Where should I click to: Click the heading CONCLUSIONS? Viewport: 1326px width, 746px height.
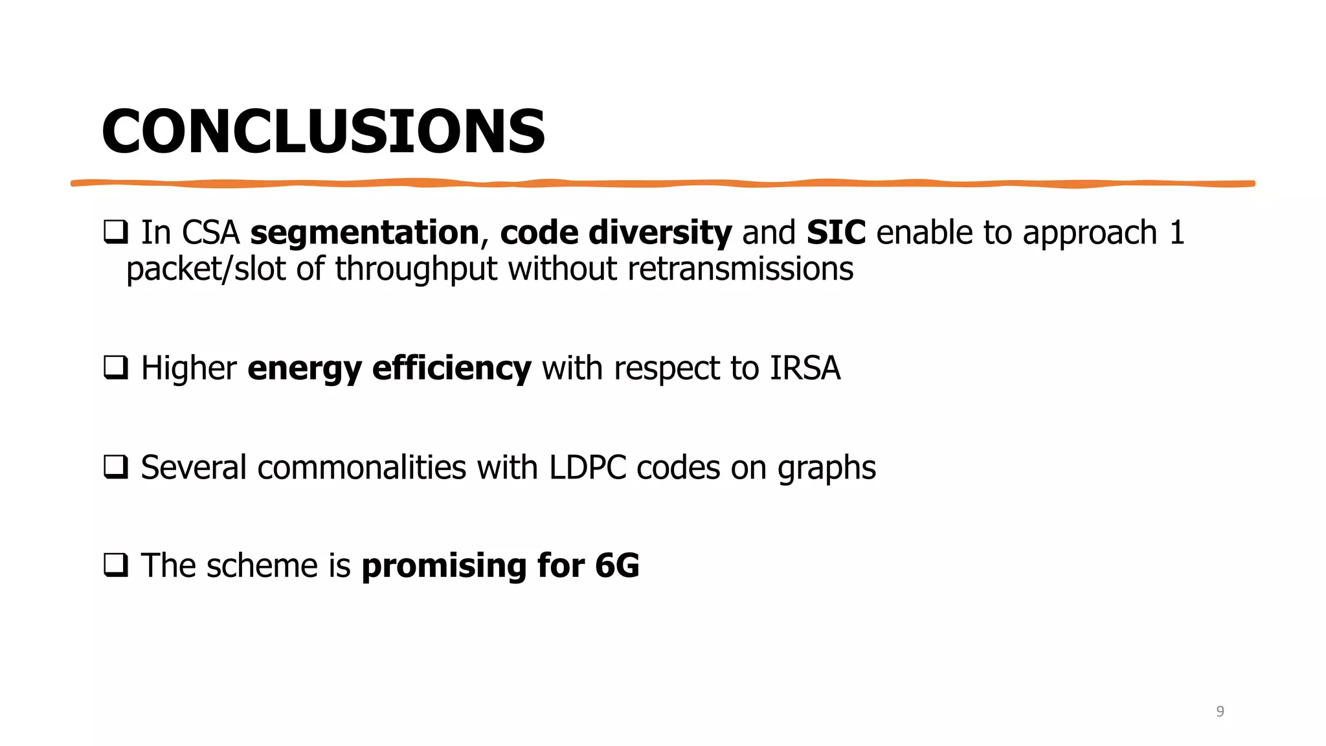(x=324, y=131)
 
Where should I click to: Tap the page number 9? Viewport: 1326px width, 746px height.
(x=1220, y=711)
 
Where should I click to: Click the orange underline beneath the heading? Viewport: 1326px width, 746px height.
(x=663, y=184)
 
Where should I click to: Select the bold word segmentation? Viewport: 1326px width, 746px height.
(x=365, y=232)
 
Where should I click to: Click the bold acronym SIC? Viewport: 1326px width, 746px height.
(x=836, y=232)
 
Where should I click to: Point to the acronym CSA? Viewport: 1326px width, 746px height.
(x=210, y=232)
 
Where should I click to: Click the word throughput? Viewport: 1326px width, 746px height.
(x=416, y=269)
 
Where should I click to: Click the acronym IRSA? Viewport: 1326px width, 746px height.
(x=805, y=368)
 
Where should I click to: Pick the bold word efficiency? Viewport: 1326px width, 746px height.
(x=452, y=368)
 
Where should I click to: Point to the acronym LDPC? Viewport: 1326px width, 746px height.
(x=587, y=467)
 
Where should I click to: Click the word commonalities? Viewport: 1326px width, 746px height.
(x=361, y=467)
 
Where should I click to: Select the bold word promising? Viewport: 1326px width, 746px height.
(x=444, y=565)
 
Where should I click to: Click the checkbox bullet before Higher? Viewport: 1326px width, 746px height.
(x=115, y=368)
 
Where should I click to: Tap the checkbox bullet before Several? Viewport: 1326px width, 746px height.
(x=115, y=467)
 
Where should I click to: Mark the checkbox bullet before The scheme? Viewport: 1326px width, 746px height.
(x=115, y=565)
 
